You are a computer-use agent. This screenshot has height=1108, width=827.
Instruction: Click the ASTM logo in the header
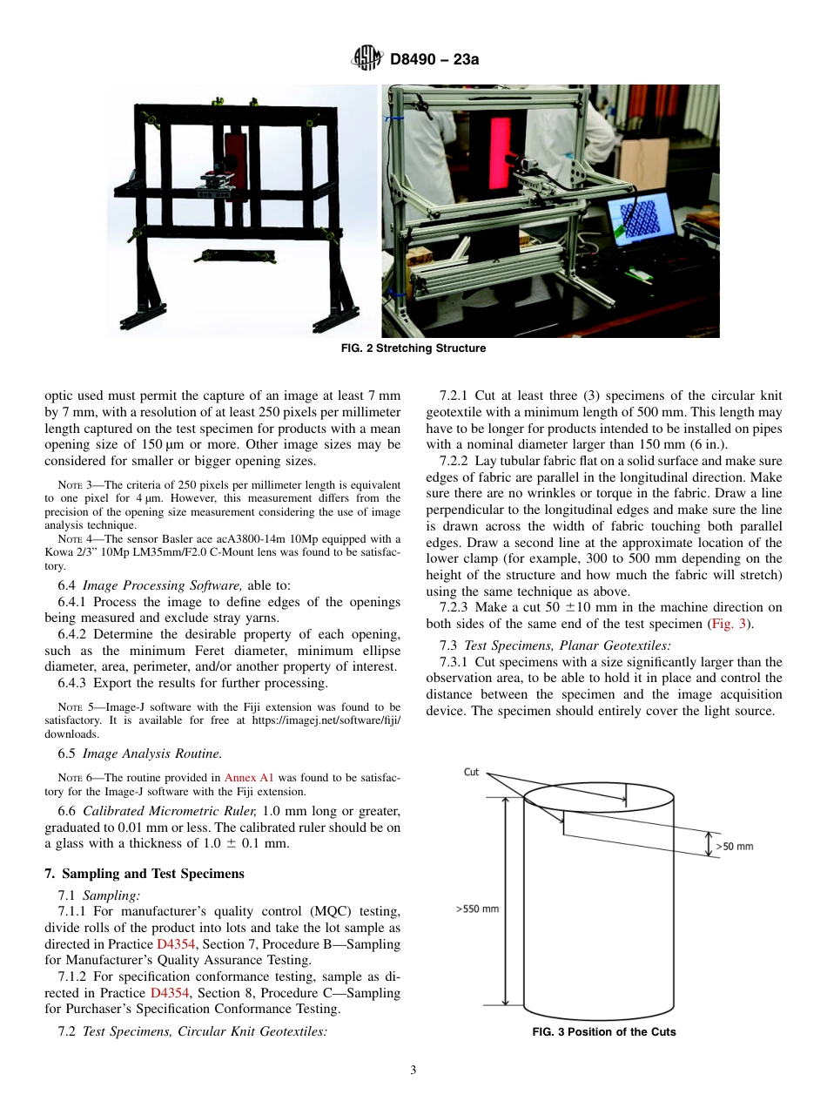click(x=366, y=59)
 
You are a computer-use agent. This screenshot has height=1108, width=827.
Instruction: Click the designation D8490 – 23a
click(x=434, y=60)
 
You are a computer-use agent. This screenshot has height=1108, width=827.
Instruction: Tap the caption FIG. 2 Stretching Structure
click(x=413, y=348)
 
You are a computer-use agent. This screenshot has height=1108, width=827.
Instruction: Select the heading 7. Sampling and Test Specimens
click(x=144, y=874)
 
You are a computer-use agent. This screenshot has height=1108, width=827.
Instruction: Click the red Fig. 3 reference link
click(x=725, y=624)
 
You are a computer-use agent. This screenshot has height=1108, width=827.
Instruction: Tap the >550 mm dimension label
click(x=477, y=909)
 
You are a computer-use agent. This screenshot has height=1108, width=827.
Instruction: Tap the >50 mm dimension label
click(x=734, y=846)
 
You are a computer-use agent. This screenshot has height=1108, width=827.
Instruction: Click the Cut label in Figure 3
click(x=471, y=772)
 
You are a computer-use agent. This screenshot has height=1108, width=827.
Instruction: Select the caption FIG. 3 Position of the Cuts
click(x=604, y=1032)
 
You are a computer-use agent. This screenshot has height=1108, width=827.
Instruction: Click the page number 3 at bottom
click(x=413, y=1071)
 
